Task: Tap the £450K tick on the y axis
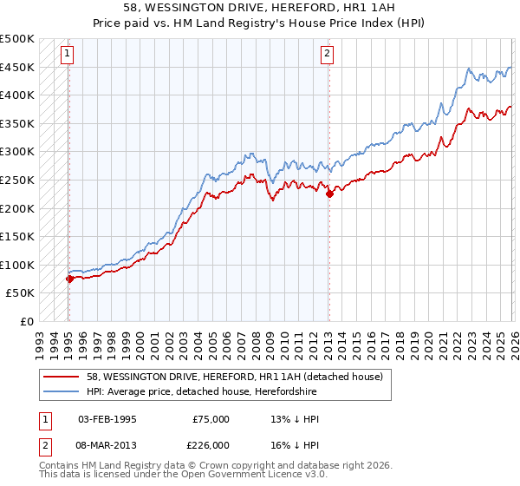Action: (17, 67)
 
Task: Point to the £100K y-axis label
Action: (17, 265)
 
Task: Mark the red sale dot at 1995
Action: (69, 279)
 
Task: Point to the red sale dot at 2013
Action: (329, 194)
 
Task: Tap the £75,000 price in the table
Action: (211, 419)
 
